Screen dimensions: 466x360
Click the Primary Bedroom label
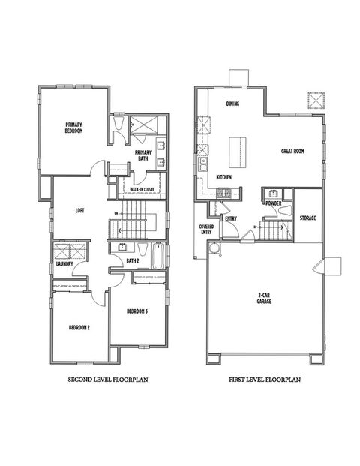pyautogui.click(x=73, y=128)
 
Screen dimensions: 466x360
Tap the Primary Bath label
pyautogui.click(x=143, y=156)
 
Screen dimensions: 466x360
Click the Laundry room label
pyautogui.click(x=63, y=263)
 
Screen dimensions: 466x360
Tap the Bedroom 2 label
pyautogui.click(x=79, y=327)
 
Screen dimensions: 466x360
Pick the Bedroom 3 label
pyautogui.click(x=136, y=311)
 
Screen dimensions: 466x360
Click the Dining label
pyautogui.click(x=232, y=104)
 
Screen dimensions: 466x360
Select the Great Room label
pyautogui.click(x=292, y=151)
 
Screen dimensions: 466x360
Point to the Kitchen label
pyautogui.click(x=223, y=177)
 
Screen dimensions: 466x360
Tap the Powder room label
pyautogui.click(x=273, y=203)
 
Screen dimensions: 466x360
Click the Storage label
pyautogui.click(x=307, y=218)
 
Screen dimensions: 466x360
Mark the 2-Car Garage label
pyautogui.click(x=263, y=299)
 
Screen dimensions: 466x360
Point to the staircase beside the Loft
pyautogui.click(x=137, y=218)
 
